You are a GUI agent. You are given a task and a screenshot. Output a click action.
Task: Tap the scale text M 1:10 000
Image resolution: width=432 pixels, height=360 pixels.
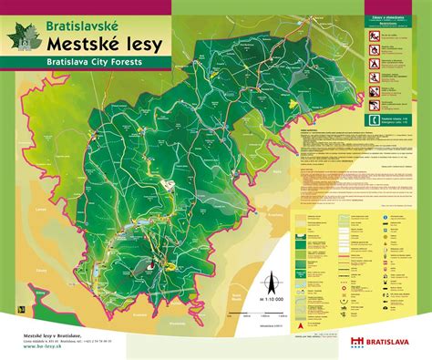pos(270,298)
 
